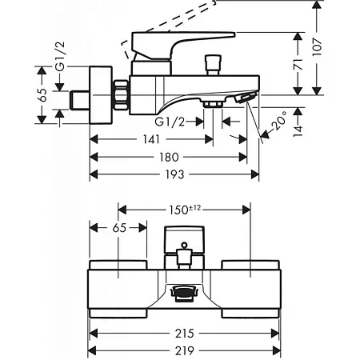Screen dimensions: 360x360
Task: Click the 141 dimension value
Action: [151, 139]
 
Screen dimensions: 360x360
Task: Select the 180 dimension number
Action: [169, 157]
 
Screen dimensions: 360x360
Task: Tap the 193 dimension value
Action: [174, 174]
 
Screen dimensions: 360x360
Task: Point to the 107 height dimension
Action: [317, 46]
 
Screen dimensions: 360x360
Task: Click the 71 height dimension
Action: [298, 65]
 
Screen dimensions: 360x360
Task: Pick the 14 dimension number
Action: [298, 131]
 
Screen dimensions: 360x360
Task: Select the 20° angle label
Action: [279, 121]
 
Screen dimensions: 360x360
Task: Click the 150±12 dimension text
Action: [185, 210]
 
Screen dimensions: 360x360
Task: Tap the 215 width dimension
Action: [184, 334]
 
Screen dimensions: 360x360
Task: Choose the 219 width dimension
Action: [184, 351]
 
